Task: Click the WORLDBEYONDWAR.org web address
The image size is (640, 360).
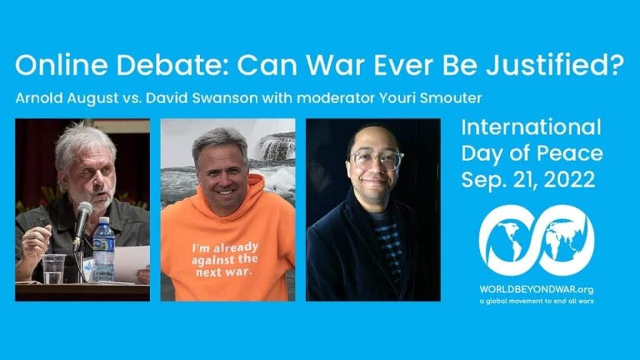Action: [x=536, y=289]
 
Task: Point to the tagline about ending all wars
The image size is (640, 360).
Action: [x=536, y=301]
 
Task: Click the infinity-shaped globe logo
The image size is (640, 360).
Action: [x=536, y=241]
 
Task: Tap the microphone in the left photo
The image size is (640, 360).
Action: [x=82, y=216]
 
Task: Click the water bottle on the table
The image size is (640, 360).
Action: [x=104, y=249]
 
